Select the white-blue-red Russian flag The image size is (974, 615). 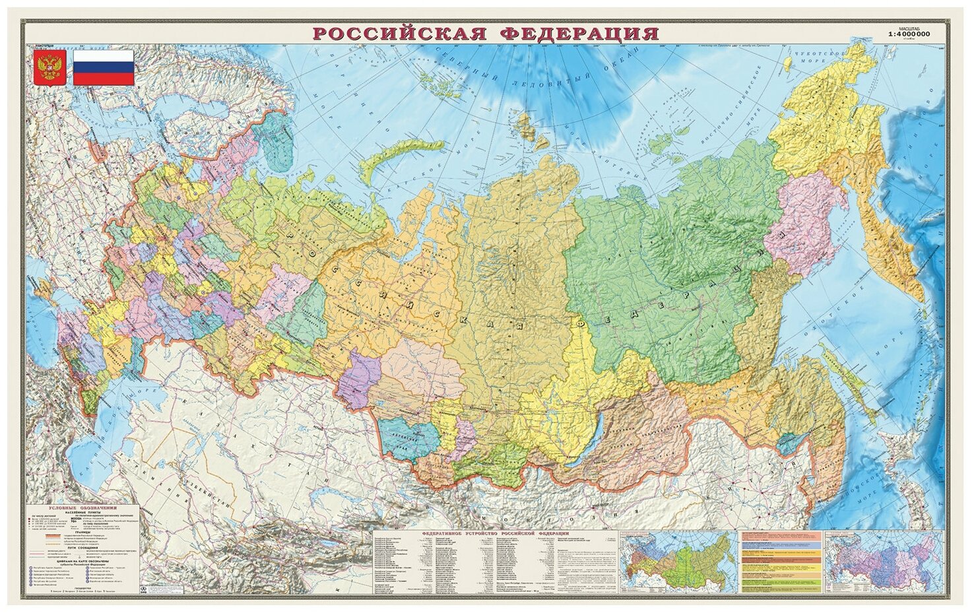tap(103, 67)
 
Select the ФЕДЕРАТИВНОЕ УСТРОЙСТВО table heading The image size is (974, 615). tap(495, 532)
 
